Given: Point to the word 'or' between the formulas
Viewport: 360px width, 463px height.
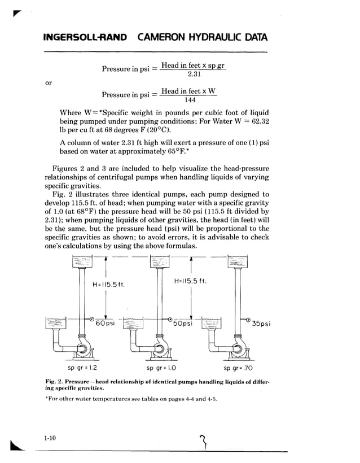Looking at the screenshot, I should pos(49,82).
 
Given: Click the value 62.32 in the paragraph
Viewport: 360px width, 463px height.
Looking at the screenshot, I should pos(256,121).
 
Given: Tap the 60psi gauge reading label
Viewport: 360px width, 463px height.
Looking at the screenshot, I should pos(105,324).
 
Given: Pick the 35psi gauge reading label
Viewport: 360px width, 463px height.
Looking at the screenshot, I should pos(261,324).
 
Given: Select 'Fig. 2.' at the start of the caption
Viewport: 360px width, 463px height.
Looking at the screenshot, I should pos(54,382).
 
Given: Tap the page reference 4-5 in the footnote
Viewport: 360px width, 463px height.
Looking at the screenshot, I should pos(210,399).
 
